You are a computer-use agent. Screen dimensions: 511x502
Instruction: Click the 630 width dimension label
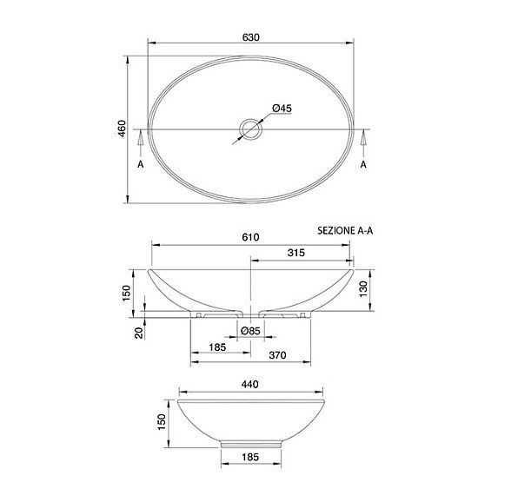[250, 37]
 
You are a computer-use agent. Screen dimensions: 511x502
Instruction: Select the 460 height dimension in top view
[122, 129]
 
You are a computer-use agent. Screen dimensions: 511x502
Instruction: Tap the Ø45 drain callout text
[282, 109]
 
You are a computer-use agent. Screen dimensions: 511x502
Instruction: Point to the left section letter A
[141, 164]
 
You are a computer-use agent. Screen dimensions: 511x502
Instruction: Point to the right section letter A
[363, 164]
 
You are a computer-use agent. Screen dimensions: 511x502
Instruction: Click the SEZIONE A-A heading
[345, 231]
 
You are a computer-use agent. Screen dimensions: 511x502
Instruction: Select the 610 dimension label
[250, 237]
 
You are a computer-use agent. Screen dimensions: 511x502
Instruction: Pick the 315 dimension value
[295, 253]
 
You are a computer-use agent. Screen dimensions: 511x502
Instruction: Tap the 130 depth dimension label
[362, 289]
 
